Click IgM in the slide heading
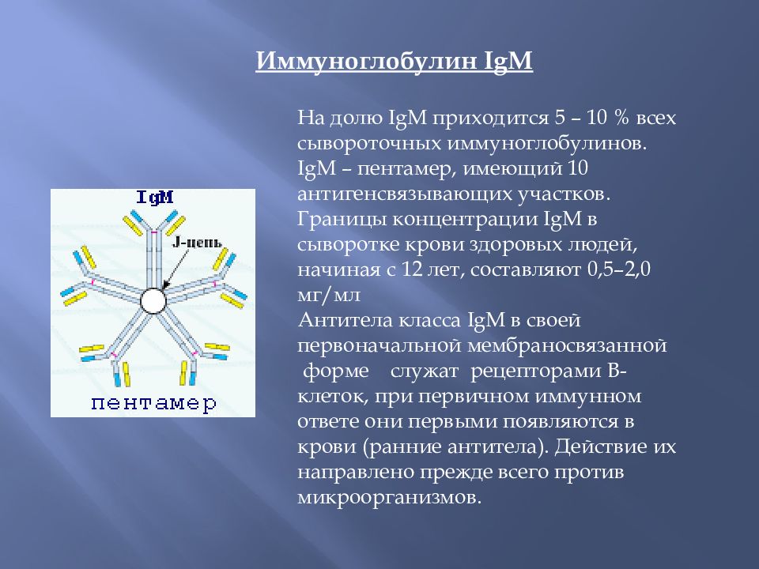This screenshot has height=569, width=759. click(507, 62)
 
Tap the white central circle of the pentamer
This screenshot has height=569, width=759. click(153, 300)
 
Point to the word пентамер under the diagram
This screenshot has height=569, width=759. click(153, 403)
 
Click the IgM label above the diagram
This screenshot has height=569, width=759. click(155, 198)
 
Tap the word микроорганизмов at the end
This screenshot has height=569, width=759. click(389, 498)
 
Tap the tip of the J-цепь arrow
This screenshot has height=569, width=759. click(164, 287)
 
